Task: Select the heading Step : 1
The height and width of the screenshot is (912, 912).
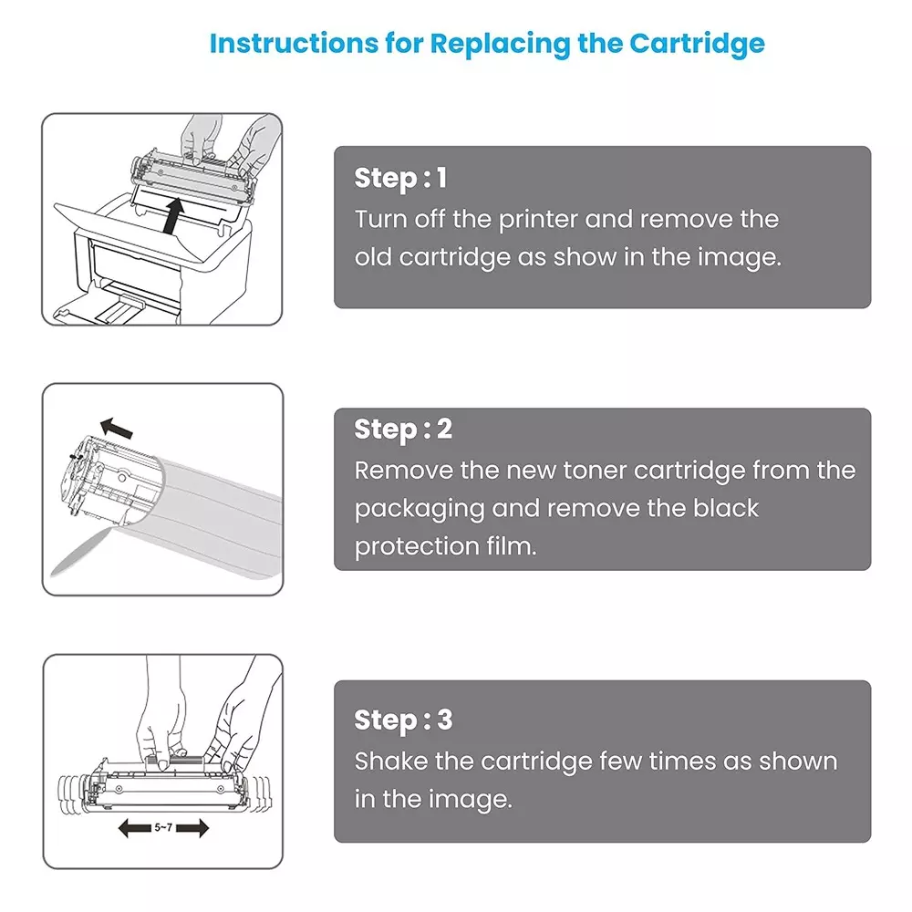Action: tap(400, 178)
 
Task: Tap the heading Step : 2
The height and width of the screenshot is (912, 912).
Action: tap(402, 429)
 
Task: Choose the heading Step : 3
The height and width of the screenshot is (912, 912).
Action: tap(402, 720)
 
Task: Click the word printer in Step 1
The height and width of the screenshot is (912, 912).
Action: tap(538, 220)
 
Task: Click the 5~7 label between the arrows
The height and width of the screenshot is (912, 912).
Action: tap(163, 827)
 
